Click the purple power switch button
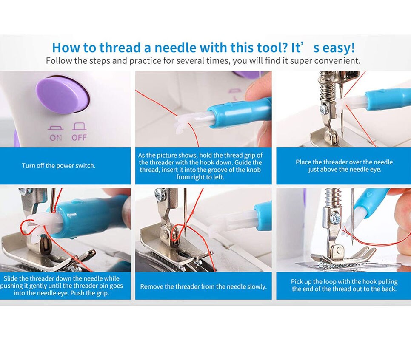63,94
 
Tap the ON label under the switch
56,138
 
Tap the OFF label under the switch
79,138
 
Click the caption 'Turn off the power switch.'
59,166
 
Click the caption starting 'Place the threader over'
344,166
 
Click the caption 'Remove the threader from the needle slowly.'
203,286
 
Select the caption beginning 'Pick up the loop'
344,285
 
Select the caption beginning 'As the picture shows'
200,166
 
